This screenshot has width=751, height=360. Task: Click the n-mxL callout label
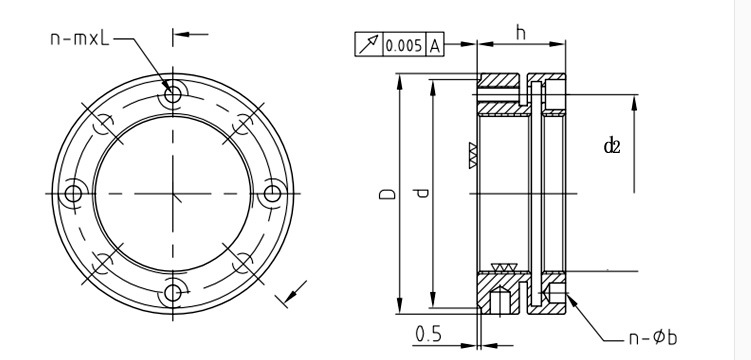click(x=80, y=38)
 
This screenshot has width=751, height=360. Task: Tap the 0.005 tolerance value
click(x=404, y=45)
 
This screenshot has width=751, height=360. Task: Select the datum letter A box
click(x=434, y=45)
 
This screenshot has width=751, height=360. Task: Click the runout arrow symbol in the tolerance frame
click(x=369, y=45)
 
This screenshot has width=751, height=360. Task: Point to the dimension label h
click(x=521, y=33)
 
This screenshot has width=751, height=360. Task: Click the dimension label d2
click(x=612, y=146)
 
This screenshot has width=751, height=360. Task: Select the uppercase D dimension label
click(x=388, y=193)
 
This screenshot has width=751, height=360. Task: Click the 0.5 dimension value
click(x=429, y=334)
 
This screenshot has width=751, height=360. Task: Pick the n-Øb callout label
click(x=653, y=338)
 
